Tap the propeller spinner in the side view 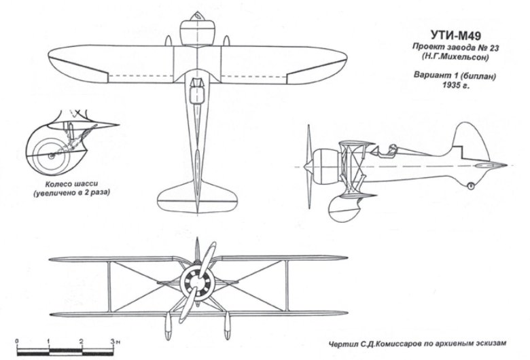point(313,166)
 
